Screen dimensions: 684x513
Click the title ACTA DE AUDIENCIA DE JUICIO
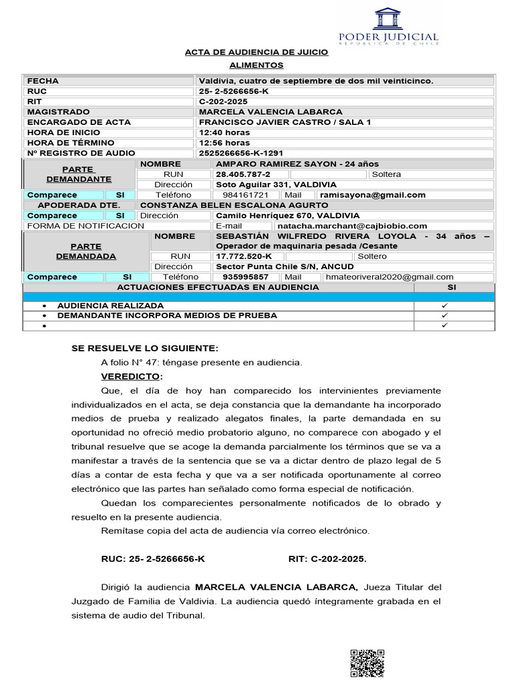(x=256, y=51)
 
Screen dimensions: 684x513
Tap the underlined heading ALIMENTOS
(x=256, y=65)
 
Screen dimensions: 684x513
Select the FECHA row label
(x=43, y=81)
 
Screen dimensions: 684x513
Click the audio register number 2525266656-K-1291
(x=241, y=153)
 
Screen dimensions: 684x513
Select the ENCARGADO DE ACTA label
(x=78, y=122)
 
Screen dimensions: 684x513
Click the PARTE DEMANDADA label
(x=85, y=251)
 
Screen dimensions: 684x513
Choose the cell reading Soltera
(x=387, y=174)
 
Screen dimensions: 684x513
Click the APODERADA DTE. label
(x=79, y=205)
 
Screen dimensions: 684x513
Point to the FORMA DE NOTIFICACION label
(x=85, y=226)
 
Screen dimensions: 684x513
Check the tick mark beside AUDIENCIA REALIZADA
(x=444, y=305)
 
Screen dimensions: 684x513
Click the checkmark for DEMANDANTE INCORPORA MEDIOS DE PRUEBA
(x=444, y=315)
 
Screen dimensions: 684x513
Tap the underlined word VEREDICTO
(x=130, y=377)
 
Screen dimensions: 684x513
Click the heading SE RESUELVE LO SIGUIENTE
(x=144, y=349)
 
